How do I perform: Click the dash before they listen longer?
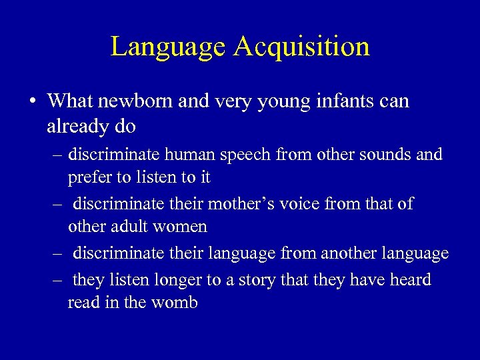59,280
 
